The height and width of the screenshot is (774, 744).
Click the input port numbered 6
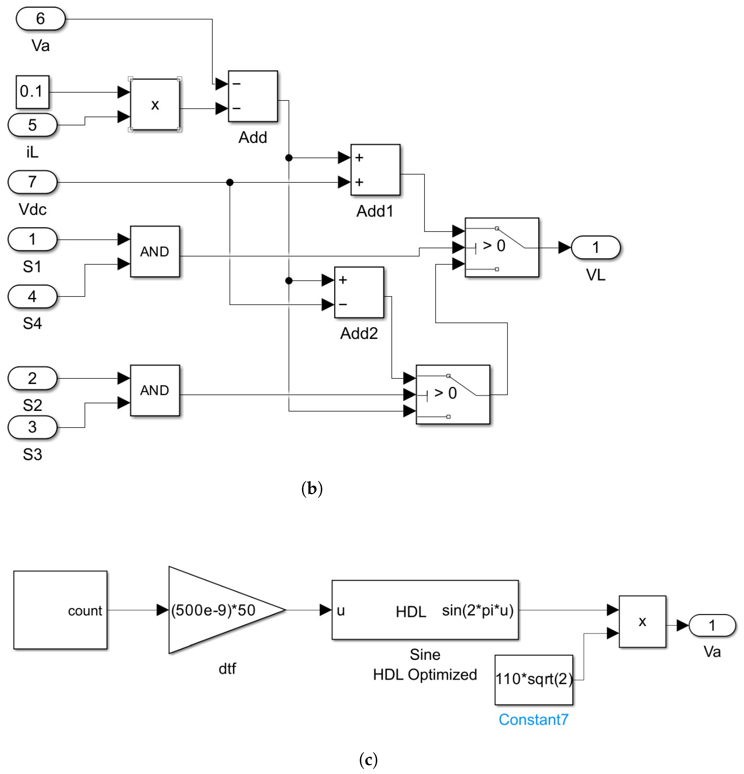40,19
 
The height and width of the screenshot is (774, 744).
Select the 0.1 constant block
32,92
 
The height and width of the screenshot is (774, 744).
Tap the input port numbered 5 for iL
32,125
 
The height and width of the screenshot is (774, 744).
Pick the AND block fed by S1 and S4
155,252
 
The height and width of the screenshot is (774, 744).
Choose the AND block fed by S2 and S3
155,390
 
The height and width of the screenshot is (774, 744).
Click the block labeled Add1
375,170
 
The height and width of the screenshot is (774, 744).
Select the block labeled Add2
359,292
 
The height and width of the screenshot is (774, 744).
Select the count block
60,610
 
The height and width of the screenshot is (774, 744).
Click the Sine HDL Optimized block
425,610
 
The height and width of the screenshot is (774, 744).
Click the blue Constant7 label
533,719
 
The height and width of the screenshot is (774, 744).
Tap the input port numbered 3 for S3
32,427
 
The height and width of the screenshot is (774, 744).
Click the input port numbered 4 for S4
32,296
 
